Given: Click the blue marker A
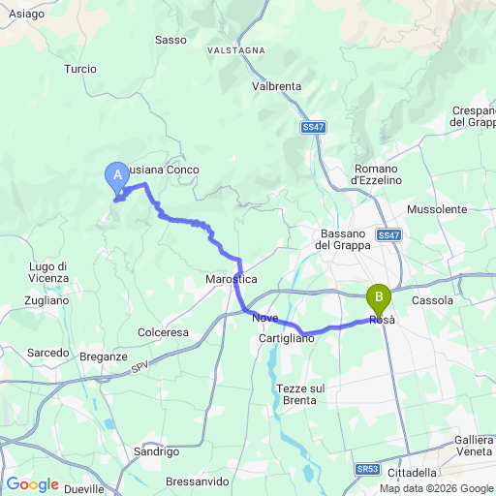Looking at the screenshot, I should coord(116,175).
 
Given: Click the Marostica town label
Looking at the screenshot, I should coord(230,278).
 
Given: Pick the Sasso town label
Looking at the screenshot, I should coord(170,40).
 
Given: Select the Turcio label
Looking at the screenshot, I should coord(79,69).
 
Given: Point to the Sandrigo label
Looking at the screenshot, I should coord(157,451).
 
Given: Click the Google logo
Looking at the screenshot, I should coord(32,483).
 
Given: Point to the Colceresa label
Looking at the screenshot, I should coord(164,331).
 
